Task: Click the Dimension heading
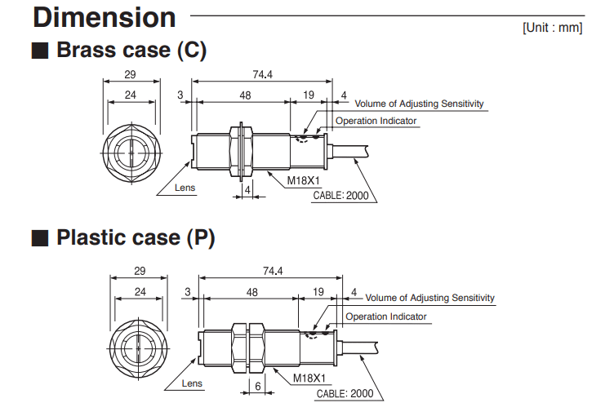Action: [105, 17]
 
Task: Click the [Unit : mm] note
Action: [553, 28]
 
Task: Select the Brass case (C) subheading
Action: [131, 50]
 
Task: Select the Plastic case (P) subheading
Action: [135, 238]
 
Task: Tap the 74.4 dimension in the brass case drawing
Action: [263, 75]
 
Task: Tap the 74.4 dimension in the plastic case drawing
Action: [273, 271]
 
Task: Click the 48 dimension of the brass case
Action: [244, 95]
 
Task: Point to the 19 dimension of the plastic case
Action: [318, 291]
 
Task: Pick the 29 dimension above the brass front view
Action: [129, 75]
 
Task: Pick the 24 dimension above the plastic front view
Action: [140, 291]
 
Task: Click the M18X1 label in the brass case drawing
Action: [301, 184]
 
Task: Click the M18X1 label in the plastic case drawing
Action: [310, 378]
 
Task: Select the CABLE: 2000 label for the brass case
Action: [340, 196]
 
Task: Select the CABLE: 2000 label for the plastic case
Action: [350, 393]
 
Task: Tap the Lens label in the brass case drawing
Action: [185, 188]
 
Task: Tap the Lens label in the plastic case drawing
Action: [192, 383]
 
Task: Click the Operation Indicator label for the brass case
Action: [376, 121]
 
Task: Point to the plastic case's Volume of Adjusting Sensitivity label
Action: [429, 299]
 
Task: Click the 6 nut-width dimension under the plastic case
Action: [258, 387]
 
